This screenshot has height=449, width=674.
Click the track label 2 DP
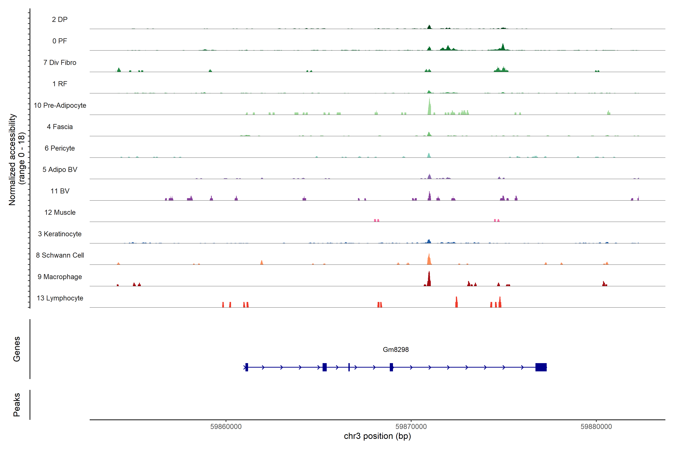(x=60, y=19)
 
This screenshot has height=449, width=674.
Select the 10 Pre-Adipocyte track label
(x=60, y=105)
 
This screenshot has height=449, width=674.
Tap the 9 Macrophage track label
(x=60, y=277)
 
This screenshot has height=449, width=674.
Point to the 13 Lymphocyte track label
(x=60, y=298)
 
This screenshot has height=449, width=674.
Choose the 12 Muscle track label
(x=60, y=213)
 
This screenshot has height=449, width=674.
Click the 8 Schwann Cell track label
(x=60, y=255)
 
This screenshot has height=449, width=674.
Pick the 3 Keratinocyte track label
(x=60, y=234)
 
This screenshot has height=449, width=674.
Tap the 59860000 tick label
(x=226, y=427)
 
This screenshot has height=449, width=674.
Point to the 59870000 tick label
(x=411, y=427)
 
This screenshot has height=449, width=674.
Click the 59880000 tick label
(x=596, y=427)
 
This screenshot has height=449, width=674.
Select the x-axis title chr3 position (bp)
(x=377, y=436)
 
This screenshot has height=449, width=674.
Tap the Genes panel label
(x=17, y=349)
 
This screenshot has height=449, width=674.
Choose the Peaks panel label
(x=17, y=405)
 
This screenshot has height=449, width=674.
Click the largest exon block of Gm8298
(x=541, y=367)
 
